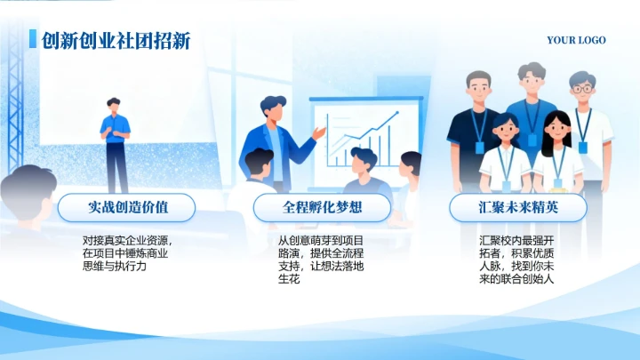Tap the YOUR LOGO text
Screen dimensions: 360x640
coord(576,40)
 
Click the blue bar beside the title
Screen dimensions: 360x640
coord(33,39)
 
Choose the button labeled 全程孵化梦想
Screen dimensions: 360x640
coord(323,207)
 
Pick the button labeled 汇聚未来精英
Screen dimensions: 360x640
coord(516,207)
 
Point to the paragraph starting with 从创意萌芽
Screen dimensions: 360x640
coord(321,259)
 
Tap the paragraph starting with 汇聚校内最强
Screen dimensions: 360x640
coord(516,259)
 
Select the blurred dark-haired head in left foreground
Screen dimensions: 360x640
coord(27,191)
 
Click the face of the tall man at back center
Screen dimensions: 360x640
coord(532,82)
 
